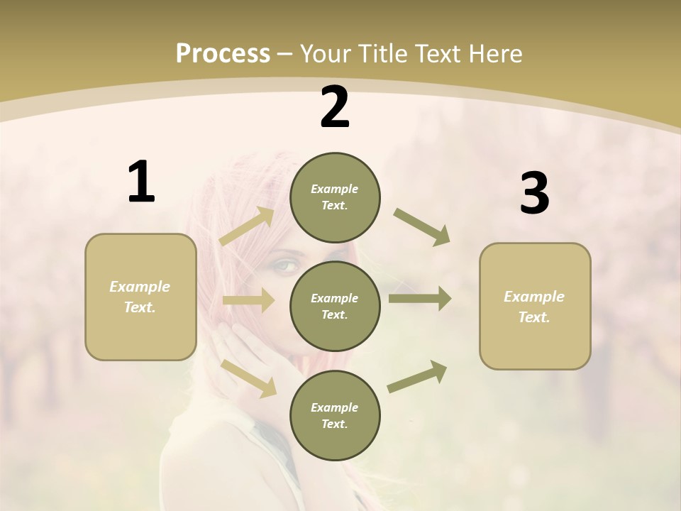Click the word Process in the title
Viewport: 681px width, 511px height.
(x=223, y=54)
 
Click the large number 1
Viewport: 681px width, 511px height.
(x=141, y=182)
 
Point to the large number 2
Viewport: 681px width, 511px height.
(x=335, y=107)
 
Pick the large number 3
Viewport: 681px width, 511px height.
(x=534, y=194)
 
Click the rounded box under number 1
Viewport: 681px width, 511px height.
(x=140, y=297)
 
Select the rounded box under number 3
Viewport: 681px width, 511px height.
(x=535, y=307)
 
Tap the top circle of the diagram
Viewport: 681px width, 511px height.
(x=335, y=197)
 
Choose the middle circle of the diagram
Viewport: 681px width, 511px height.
(x=335, y=307)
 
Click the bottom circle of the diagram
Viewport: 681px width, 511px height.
(x=335, y=416)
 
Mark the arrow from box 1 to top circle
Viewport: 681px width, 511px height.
(x=248, y=226)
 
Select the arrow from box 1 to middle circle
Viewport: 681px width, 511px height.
(x=248, y=300)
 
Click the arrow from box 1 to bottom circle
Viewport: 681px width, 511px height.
(x=249, y=378)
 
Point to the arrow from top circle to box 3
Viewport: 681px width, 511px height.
(x=422, y=227)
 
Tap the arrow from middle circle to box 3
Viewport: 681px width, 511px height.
(x=420, y=299)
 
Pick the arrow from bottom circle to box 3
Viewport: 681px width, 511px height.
(x=418, y=376)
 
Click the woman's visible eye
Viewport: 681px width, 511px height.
(x=284, y=265)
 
